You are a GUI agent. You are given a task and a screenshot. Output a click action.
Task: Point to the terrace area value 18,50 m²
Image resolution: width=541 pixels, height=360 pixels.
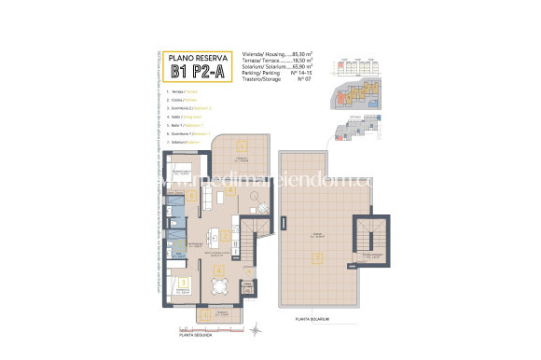[x=300, y=62]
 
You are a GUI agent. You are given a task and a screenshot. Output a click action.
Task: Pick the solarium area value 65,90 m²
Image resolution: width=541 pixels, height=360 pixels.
[x=300, y=69]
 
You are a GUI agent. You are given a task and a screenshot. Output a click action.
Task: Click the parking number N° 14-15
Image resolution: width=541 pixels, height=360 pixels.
[x=300, y=76]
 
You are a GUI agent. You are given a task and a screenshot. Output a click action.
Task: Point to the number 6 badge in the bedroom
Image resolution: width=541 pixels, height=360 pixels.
[x=191, y=196]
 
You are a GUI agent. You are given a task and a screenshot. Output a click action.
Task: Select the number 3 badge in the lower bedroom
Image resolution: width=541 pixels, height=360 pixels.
[x=185, y=282]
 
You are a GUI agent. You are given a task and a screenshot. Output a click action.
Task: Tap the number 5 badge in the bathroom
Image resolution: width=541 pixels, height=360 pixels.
[x=171, y=249]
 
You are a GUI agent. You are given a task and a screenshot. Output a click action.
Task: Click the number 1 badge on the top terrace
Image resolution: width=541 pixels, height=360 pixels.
[x=241, y=145]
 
